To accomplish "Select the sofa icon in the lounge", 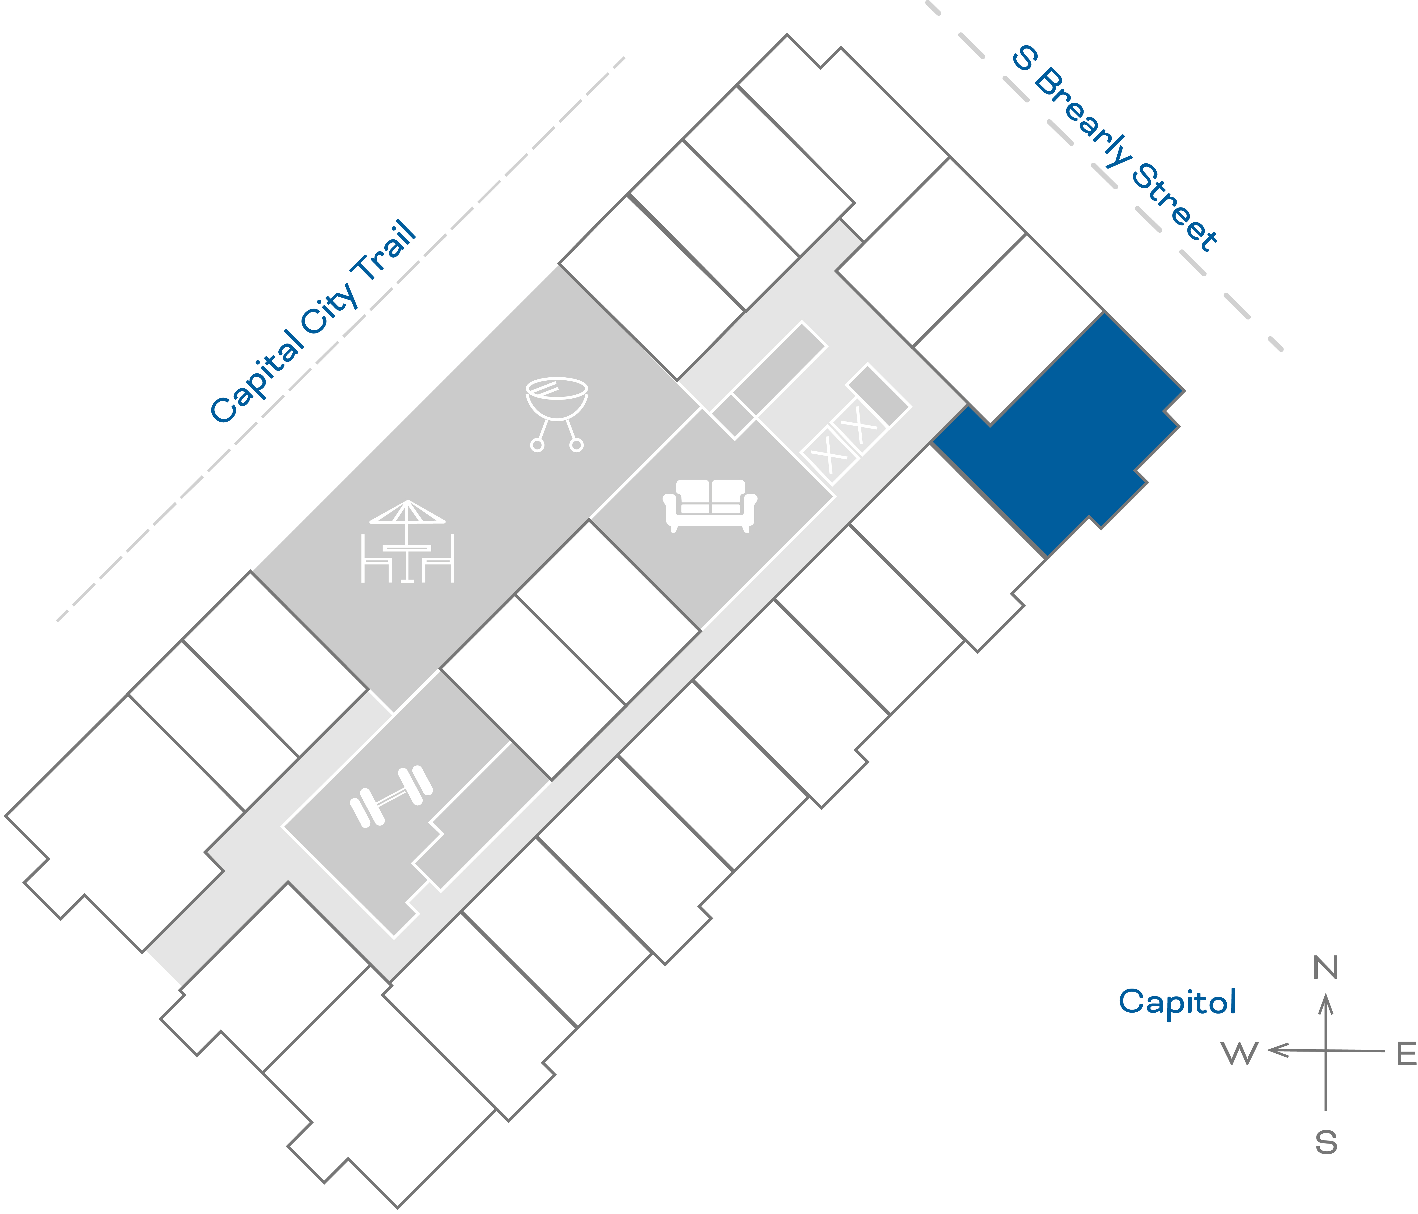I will tap(710, 505).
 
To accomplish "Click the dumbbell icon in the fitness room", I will tap(391, 796).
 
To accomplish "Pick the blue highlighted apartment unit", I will tap(1068, 438).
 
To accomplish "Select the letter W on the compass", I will tap(1239, 1054).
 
